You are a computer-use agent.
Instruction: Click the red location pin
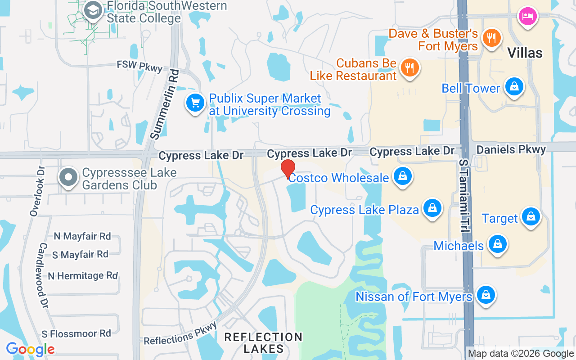click(288, 169)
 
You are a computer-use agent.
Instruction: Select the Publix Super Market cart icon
click(195, 103)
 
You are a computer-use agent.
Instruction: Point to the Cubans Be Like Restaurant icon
click(409, 68)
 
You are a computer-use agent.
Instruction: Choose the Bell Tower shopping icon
click(513, 87)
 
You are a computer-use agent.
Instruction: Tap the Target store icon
click(531, 217)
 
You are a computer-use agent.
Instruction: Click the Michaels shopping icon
click(497, 244)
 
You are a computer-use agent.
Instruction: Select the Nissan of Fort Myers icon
click(486, 295)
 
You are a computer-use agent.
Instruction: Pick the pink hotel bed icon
click(528, 17)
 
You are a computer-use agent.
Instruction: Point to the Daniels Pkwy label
click(511, 149)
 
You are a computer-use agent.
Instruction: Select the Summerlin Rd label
click(164, 104)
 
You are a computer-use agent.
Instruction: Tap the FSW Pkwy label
click(139, 66)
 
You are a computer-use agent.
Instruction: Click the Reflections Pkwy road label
click(180, 333)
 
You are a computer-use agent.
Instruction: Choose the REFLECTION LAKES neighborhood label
click(263, 342)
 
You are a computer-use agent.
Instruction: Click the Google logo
click(30, 349)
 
